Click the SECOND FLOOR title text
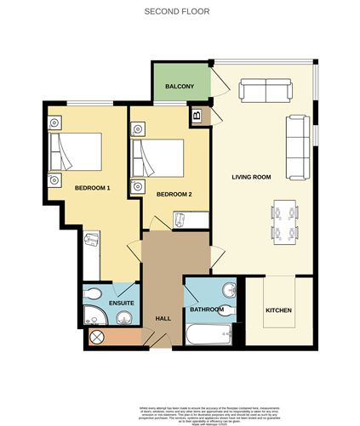click(176, 12)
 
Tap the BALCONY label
click(180, 87)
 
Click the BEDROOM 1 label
click(93, 187)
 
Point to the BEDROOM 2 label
click(174, 194)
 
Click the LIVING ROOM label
click(251, 177)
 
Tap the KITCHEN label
click(278, 310)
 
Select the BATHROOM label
click(207, 310)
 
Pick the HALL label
click(163, 319)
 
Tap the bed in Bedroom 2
click(161, 156)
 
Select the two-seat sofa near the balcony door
click(266, 90)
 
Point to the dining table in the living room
click(283, 221)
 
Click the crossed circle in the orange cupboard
click(95, 338)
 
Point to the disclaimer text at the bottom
click(180, 411)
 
